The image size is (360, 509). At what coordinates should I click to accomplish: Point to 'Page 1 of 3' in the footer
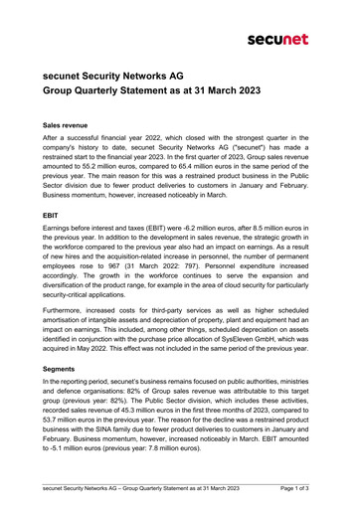pos(297,489)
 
